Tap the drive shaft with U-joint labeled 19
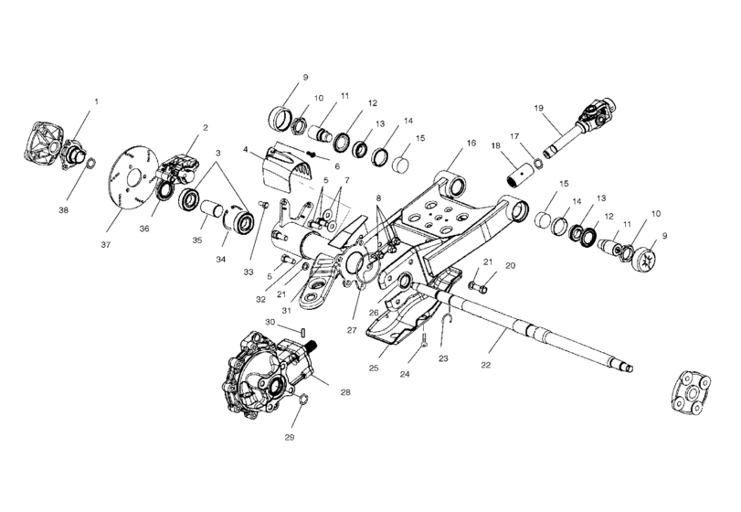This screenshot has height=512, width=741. pyautogui.click(x=581, y=128)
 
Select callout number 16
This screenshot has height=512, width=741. pyautogui.click(x=471, y=144)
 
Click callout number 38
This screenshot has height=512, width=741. pyautogui.click(x=64, y=209)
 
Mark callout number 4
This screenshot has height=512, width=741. pyautogui.click(x=246, y=148)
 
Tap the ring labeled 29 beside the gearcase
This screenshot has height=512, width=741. pyautogui.click(x=304, y=399)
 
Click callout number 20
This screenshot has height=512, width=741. pyautogui.click(x=511, y=265)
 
